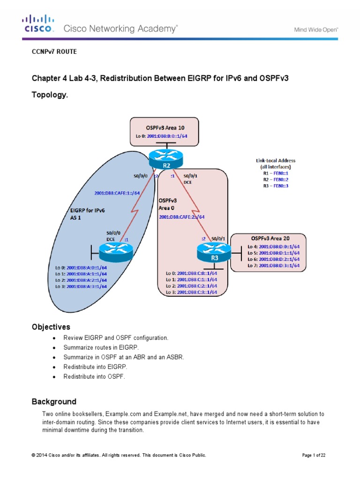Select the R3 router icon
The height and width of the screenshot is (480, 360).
tap(214, 253)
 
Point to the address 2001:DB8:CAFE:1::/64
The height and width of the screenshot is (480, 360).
tap(117, 192)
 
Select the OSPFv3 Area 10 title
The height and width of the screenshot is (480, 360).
tap(164, 127)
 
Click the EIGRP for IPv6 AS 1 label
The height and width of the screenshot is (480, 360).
tap(84, 214)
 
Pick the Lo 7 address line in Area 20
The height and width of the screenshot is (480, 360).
tap(272, 265)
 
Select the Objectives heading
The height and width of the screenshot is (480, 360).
tap(51, 326)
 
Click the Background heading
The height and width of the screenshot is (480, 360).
tap(53, 402)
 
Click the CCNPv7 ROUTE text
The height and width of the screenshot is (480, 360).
tap(53, 52)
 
